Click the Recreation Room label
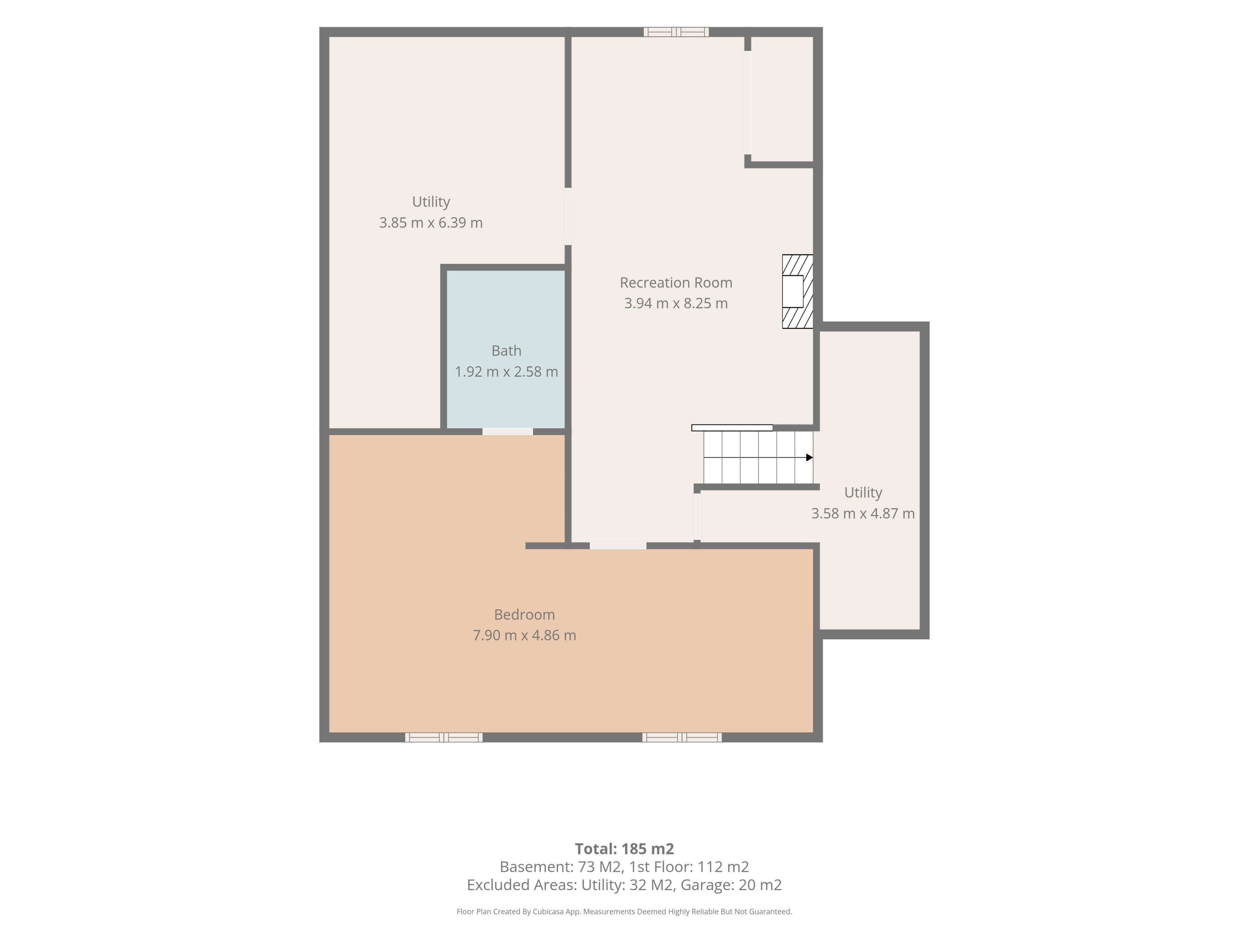(676, 282)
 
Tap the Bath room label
(506, 351)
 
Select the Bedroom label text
(525, 615)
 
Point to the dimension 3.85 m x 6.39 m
(431, 223)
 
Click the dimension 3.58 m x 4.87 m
(863, 513)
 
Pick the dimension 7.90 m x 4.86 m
(525, 635)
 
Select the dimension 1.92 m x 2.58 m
(506, 372)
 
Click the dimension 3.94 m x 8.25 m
(676, 303)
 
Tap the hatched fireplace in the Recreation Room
(797, 292)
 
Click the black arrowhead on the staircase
(809, 457)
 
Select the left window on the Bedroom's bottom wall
(444, 737)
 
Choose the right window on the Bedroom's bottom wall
(682, 737)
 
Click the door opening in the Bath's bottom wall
(508, 431)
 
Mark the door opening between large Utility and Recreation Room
(568, 216)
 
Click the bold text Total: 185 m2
(624, 849)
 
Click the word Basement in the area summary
(536, 867)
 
